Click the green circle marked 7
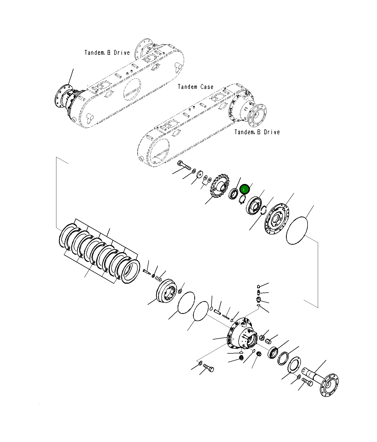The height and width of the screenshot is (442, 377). [x=244, y=189]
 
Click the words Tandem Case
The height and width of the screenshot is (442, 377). [x=196, y=87]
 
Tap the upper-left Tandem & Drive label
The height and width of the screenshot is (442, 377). [x=107, y=53]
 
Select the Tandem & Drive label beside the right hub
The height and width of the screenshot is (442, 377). [x=257, y=132]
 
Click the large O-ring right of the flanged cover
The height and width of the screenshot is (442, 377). [x=297, y=231]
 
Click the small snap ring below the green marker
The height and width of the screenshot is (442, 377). [x=242, y=199]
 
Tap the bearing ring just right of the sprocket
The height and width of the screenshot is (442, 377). [x=233, y=194]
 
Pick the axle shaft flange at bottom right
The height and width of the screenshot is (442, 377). [x=329, y=385]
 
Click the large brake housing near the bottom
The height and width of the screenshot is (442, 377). [x=242, y=334]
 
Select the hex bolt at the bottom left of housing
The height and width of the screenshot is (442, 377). [x=209, y=369]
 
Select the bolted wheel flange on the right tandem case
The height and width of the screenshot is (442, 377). [x=257, y=115]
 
